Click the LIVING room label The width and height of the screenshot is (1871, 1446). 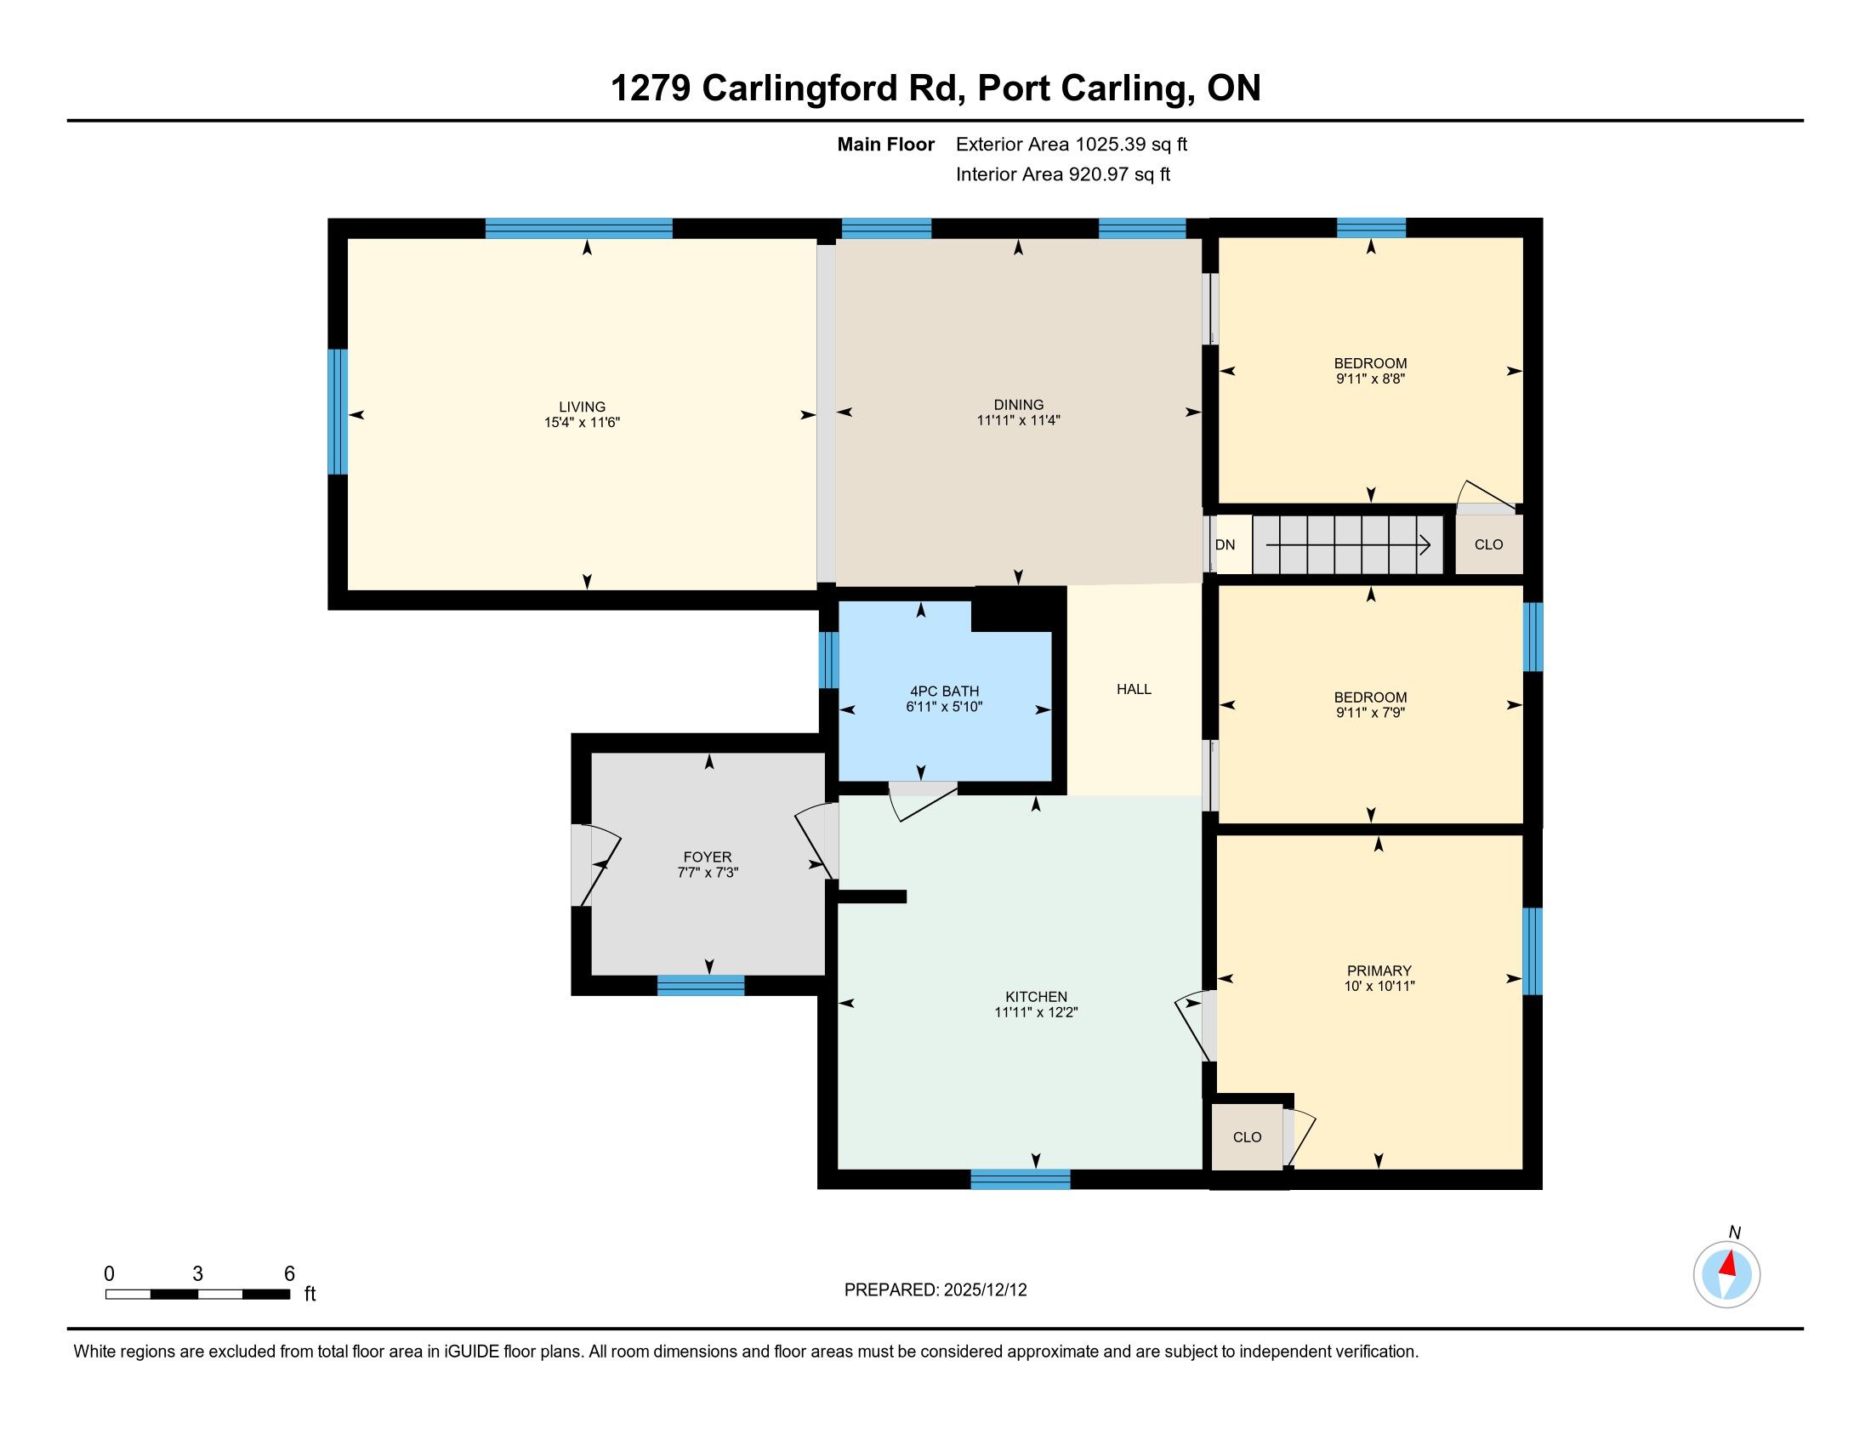pyautogui.click(x=583, y=407)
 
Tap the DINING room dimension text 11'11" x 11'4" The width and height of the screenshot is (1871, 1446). pyautogui.click(x=1019, y=420)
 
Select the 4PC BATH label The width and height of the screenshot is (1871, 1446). pyautogui.click(x=944, y=692)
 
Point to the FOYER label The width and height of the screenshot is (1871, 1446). pyautogui.click(x=708, y=857)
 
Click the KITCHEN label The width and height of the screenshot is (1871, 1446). pyautogui.click(x=1037, y=997)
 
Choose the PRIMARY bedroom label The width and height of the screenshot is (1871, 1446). pyautogui.click(x=1379, y=971)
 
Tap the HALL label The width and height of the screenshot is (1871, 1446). pyautogui.click(x=1135, y=690)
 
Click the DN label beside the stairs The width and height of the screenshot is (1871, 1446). pyautogui.click(x=1225, y=545)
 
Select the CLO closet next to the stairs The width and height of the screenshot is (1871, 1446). pyautogui.click(x=1489, y=544)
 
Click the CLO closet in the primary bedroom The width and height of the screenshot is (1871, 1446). pyautogui.click(x=1248, y=1136)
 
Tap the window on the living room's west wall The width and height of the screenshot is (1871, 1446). pyautogui.click(x=338, y=411)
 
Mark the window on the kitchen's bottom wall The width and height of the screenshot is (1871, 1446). pyautogui.click(x=1021, y=1180)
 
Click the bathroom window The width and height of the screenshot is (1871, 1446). pyautogui.click(x=828, y=659)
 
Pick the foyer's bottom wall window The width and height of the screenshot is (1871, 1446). pyautogui.click(x=701, y=985)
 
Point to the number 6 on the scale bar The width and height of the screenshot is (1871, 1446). pyautogui.click(x=289, y=1274)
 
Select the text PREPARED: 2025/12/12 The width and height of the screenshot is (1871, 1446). pyautogui.click(x=935, y=1290)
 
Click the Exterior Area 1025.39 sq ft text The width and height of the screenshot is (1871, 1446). pyautogui.click(x=1072, y=145)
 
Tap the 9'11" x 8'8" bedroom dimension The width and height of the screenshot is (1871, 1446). pyautogui.click(x=1371, y=379)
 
